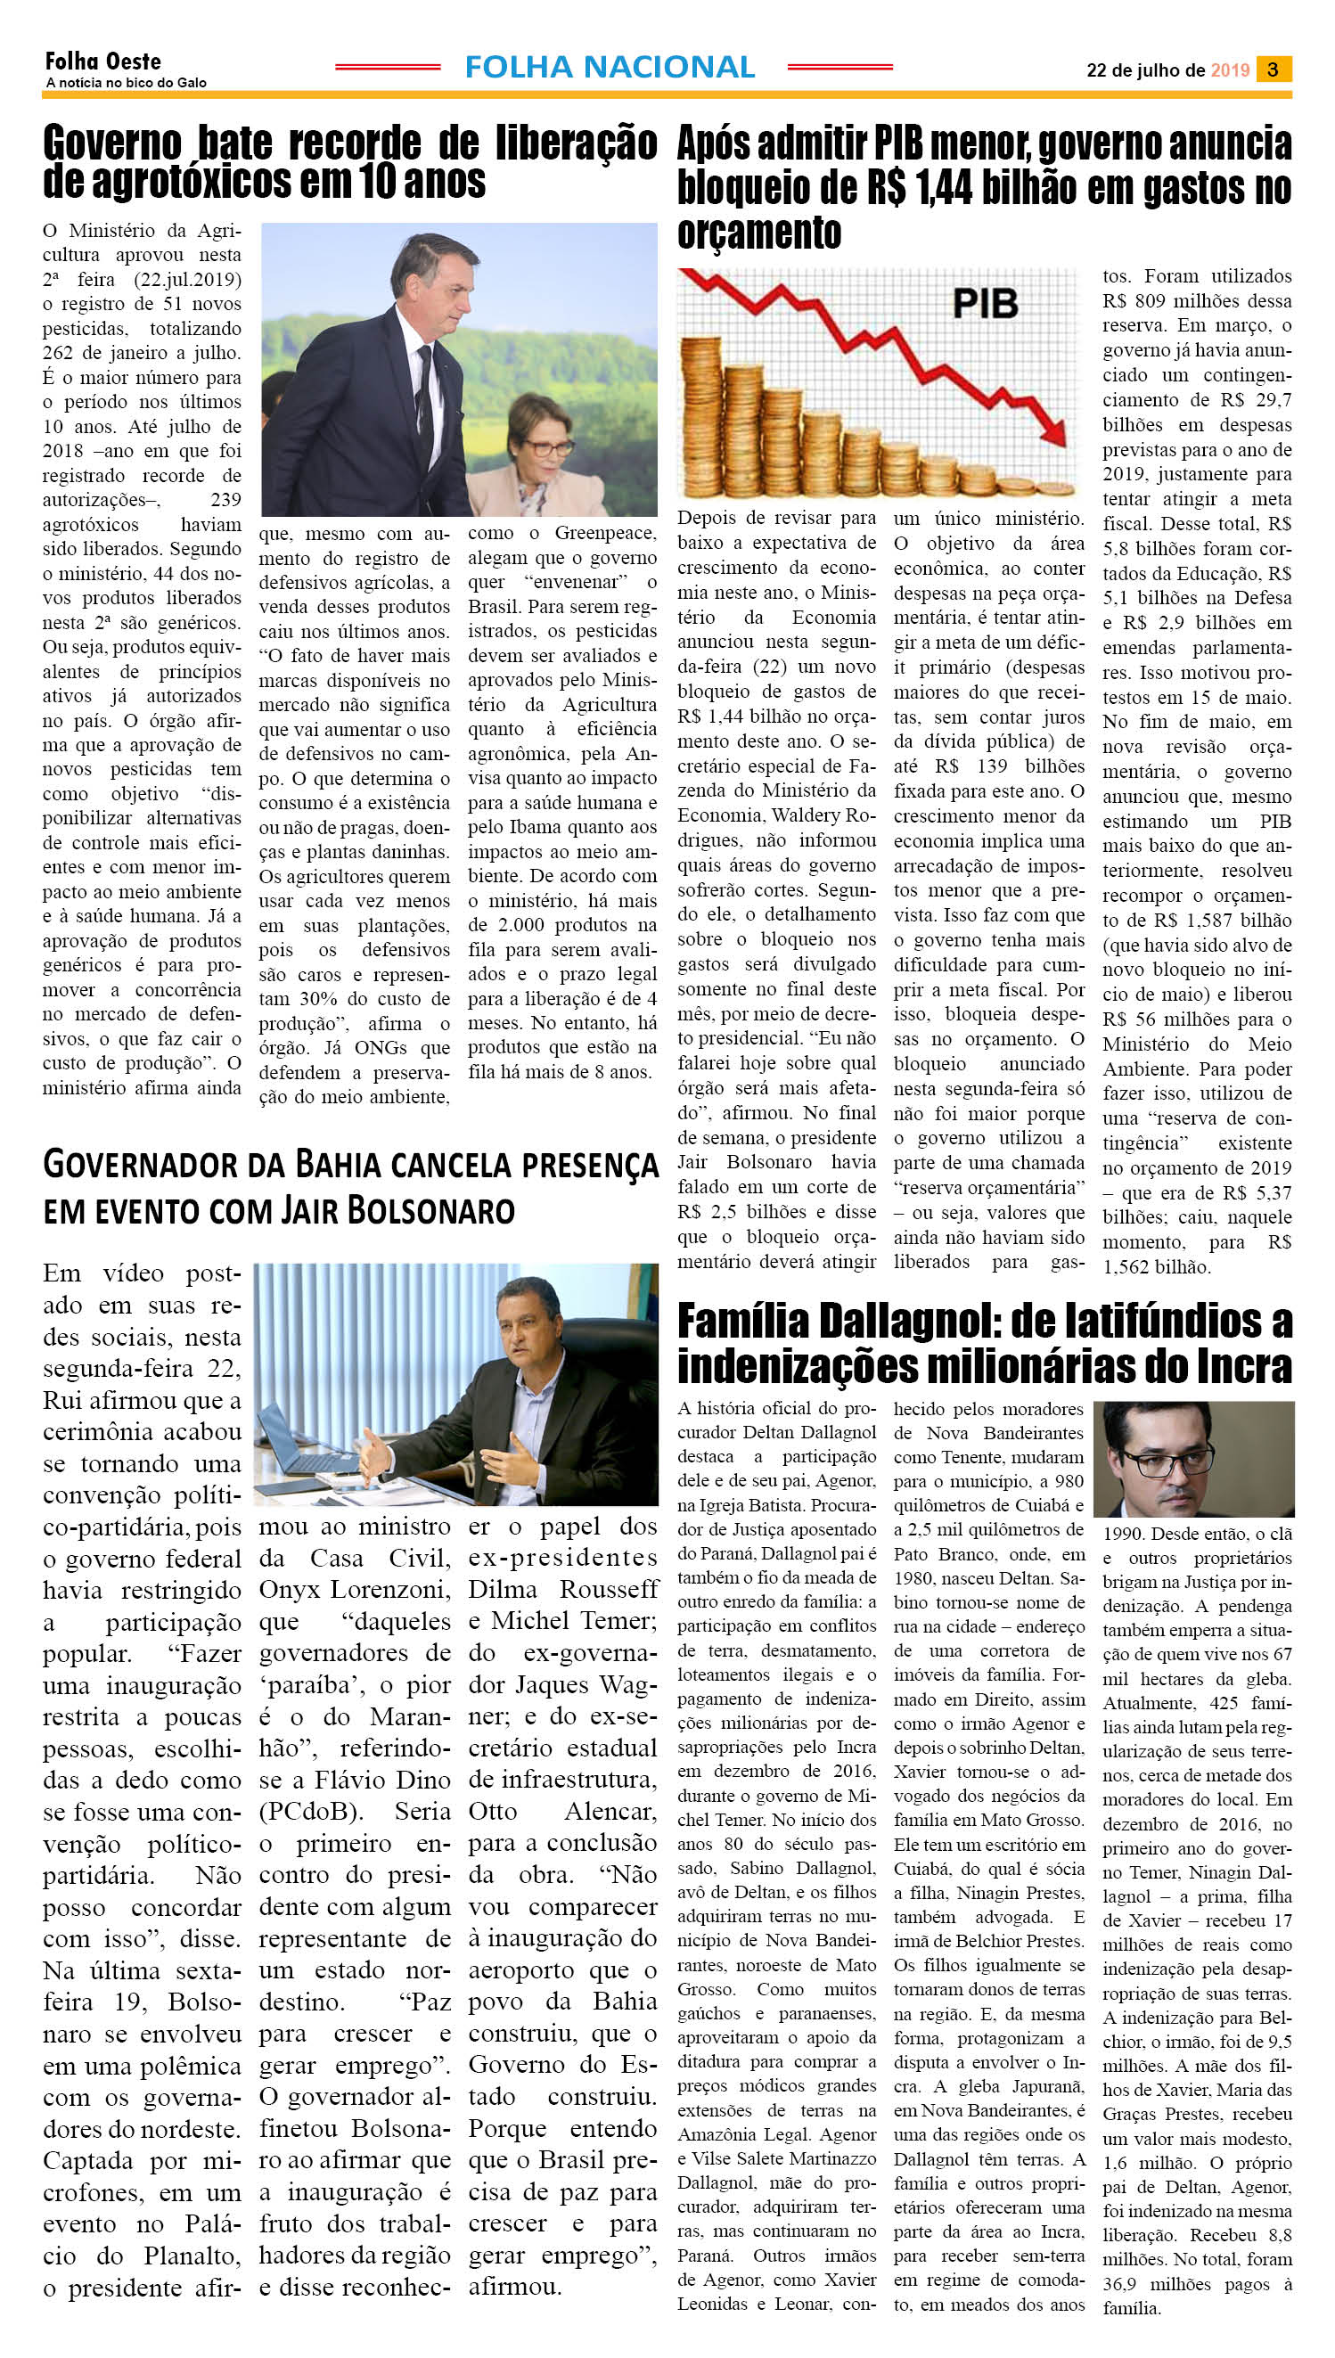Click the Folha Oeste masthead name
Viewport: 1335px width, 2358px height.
coord(102,61)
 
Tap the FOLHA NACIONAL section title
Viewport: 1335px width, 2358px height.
coord(610,67)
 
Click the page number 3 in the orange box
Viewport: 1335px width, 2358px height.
coord(1273,70)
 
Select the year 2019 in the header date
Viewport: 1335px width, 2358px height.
coord(1230,70)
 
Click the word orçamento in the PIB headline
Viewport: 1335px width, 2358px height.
coord(759,232)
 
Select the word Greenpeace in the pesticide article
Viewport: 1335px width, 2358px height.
coord(605,533)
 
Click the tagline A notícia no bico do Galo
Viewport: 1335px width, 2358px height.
coord(126,83)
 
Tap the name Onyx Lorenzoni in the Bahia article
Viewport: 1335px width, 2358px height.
coord(355,1590)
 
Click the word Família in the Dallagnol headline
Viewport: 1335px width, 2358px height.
coord(744,1322)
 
